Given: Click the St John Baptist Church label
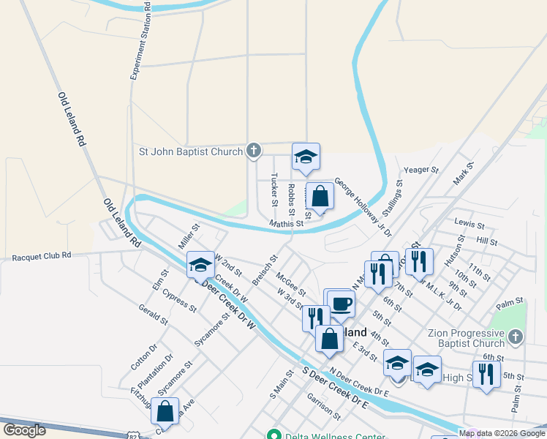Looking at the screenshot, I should coord(191,152).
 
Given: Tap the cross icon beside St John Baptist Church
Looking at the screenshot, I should coord(253,151).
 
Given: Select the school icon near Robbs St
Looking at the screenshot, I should coord(306,157).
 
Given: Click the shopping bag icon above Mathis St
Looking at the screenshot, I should coord(320,196).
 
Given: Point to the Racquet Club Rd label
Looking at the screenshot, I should coord(42,257).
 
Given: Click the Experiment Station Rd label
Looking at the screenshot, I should coord(140,40).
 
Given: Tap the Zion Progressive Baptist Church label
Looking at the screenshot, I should coord(467,338).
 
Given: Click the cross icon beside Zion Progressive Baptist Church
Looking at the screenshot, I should coord(516,337).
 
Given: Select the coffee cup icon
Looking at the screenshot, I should coord(340,302).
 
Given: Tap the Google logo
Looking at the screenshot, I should coord(24,430).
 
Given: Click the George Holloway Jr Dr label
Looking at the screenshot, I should coord(363,206).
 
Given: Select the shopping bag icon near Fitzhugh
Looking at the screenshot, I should coord(165,411).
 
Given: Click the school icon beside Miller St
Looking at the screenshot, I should coord(200,265).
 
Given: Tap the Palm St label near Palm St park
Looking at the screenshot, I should coord(510,301).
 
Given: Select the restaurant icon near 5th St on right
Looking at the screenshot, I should coord(486,374).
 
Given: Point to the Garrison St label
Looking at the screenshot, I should coord(324,405).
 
